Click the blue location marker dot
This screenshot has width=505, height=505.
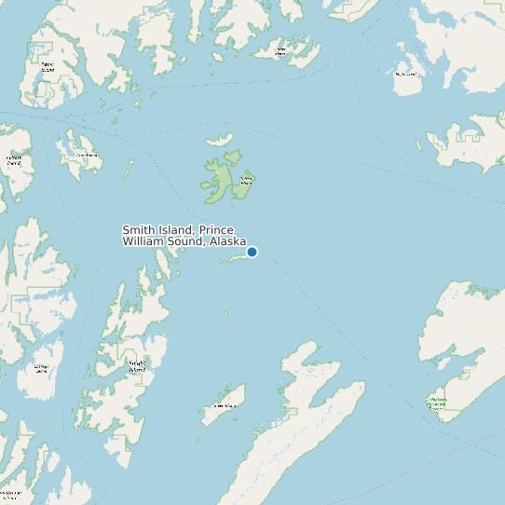pos(252,252)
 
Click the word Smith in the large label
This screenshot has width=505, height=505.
pos(139,230)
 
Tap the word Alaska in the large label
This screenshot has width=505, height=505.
pos(227,241)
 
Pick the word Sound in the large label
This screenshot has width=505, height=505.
pos(188,241)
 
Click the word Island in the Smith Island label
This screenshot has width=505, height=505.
pos(175,230)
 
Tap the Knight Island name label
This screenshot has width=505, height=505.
pos(137,365)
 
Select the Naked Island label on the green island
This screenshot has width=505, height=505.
pos(246,181)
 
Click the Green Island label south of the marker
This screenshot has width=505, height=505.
pos(224,406)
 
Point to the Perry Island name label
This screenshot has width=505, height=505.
pos(87,156)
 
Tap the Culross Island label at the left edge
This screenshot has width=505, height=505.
pos(14,160)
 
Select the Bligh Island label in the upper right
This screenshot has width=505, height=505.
pos(405,74)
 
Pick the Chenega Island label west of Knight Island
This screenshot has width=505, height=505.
pos(41,368)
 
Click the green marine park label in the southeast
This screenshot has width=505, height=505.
pos(436,403)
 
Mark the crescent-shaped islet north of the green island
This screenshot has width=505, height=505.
pos(220,141)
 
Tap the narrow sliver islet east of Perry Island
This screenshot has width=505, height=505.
pos(129,169)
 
